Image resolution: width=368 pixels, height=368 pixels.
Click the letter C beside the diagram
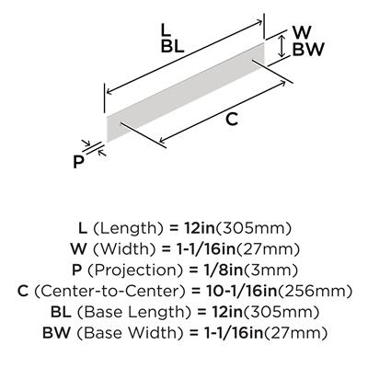232,120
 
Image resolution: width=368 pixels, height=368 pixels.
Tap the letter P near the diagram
78,162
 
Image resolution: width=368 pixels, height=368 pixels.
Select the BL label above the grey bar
173,47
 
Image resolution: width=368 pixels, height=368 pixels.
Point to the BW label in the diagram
308,50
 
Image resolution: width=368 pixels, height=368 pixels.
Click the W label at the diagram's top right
302,31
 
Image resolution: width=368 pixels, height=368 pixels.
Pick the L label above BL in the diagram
166,30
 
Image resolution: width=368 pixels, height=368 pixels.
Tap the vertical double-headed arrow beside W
282,46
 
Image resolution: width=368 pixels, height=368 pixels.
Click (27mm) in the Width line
267,249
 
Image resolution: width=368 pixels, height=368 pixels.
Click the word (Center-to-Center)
109,291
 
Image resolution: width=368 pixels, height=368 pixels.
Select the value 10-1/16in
240,291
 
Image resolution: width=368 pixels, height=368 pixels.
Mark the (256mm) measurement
314,291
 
